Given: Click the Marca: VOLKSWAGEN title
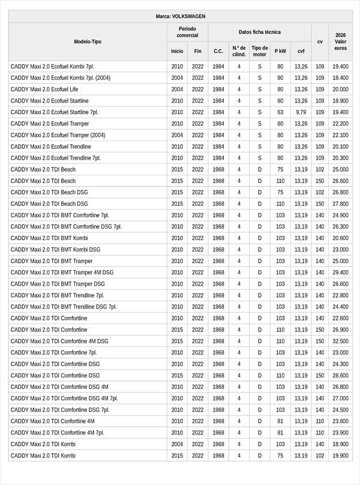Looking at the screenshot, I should pos(180,16).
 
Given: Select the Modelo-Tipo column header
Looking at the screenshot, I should pos(88,41).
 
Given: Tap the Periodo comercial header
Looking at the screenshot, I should pos(187,32).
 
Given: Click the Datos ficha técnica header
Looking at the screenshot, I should pos(259,32).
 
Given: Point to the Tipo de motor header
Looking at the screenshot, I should pos(259,51).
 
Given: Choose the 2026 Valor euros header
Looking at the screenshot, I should pos(340,41).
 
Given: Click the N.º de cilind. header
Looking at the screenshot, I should pos(239,51).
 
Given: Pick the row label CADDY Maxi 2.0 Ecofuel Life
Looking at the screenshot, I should pos(44,89).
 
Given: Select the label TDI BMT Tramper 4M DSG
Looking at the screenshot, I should pos(62,273).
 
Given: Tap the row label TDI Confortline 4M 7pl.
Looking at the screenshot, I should pos(57,433).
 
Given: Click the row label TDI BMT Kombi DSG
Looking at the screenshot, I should pos(55,250).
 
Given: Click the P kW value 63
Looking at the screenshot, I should pos(280,112).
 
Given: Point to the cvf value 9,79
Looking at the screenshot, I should pos(301,112).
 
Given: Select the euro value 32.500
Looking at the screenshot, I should pos(340,341).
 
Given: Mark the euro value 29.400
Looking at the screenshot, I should pos(340,273).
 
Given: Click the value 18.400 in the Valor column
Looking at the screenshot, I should pos(340,78).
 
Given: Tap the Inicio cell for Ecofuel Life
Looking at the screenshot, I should pos(177,89).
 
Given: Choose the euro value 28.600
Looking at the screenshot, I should pos(340,376).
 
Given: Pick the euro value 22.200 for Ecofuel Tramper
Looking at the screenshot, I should pos(340,124).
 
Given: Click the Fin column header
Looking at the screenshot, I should pos(197,51).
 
